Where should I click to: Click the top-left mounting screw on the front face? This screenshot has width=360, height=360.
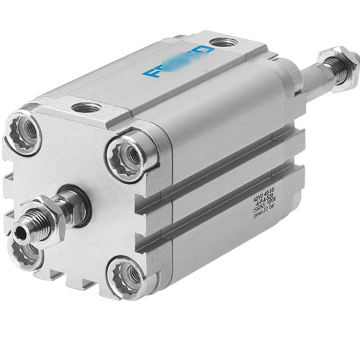pos(25,134)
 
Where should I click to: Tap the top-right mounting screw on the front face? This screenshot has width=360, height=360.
pos(131,156)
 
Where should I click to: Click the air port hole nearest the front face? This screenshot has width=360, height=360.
pos(86,108)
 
